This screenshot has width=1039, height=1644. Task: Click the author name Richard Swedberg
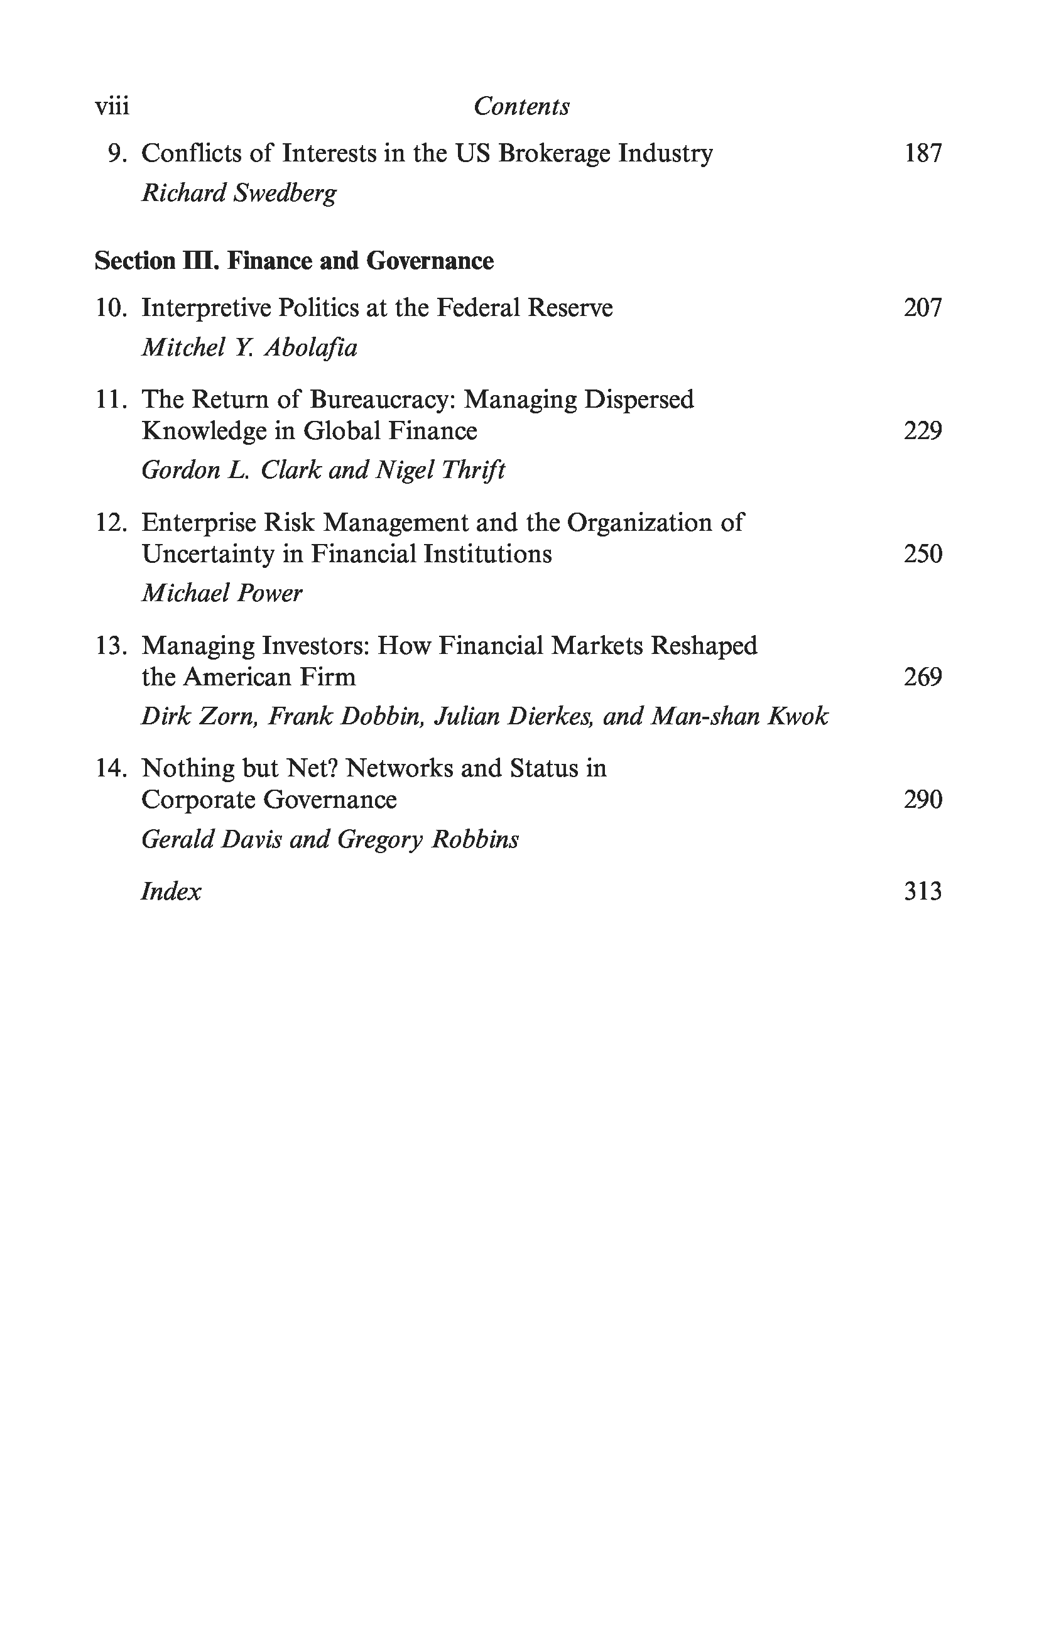coord(239,194)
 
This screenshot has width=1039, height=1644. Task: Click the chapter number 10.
coord(111,308)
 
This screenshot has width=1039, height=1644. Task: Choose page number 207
coord(922,308)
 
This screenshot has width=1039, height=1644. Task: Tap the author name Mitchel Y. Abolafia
coord(249,348)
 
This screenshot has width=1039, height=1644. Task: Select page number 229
coord(922,431)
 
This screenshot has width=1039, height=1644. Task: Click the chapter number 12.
coord(111,523)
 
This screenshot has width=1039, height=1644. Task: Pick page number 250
coord(922,553)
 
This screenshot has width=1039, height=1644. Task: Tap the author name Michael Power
coord(222,593)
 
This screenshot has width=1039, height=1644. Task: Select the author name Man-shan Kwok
coord(740,716)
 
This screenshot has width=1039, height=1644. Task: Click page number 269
coord(922,677)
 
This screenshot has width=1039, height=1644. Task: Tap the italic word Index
coord(171,891)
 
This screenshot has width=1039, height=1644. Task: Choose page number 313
coord(922,891)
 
